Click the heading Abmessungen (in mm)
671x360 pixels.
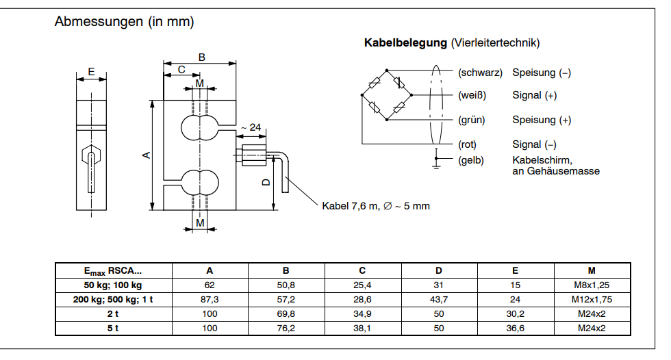point(124,22)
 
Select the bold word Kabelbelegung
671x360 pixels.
point(405,43)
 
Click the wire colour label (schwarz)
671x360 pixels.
point(480,73)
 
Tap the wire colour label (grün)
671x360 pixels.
point(472,120)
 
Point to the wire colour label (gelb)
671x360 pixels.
point(471,161)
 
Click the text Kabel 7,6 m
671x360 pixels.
point(350,205)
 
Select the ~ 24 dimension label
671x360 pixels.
point(251,127)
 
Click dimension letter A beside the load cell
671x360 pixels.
point(146,155)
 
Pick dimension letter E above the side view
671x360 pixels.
point(91,71)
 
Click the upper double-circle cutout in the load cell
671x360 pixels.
point(200,127)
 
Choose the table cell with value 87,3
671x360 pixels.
point(210,299)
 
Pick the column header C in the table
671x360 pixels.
point(362,270)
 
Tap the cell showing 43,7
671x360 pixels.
point(438,299)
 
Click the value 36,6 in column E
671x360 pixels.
point(515,328)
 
